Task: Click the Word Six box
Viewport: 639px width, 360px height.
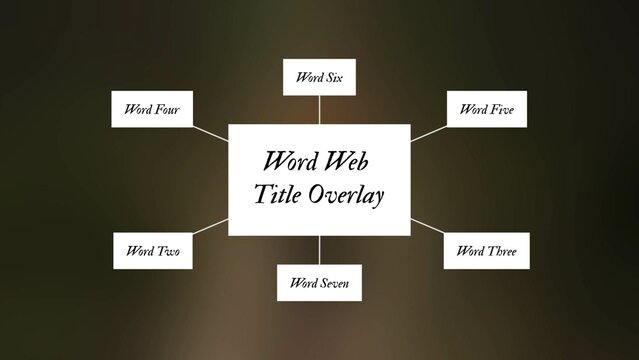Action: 319,77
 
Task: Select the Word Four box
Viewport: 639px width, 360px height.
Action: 152,109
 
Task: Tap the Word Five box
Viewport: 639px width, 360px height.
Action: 487,109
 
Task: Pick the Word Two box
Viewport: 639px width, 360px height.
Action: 152,250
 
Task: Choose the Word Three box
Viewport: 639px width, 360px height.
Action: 486,250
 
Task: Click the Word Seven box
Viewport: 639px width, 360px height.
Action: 319,283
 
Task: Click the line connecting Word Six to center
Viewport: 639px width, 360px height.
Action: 319,109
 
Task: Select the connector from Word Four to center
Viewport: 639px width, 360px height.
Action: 211,133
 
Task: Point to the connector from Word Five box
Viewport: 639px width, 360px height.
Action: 427,133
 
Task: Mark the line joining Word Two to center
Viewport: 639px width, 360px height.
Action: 210,227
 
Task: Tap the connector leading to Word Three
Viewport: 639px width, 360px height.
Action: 427,227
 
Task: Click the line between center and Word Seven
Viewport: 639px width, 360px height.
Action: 319,250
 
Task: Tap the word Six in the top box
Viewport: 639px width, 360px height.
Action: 332,77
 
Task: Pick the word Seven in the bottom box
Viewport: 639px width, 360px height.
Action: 335,283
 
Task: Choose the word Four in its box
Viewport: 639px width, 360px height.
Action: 166,109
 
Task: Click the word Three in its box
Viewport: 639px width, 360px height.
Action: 501,250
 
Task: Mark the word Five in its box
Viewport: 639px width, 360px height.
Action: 501,109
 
